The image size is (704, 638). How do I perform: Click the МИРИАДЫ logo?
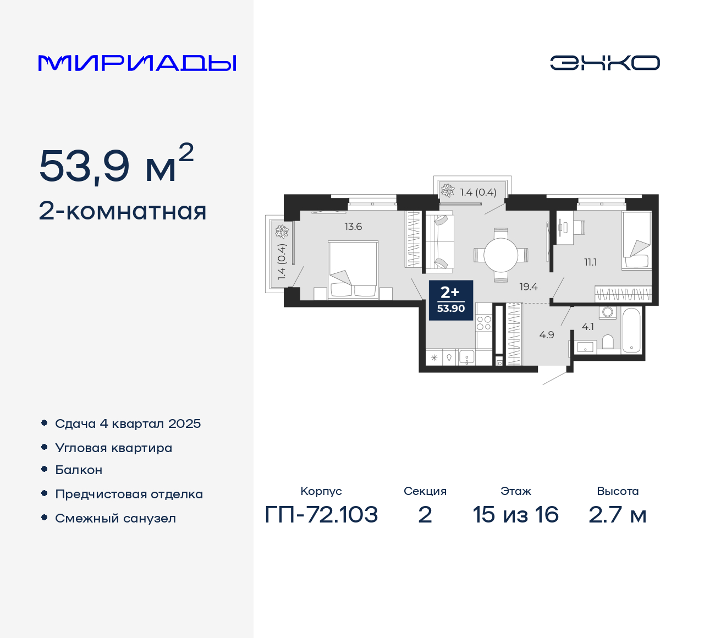(x=137, y=63)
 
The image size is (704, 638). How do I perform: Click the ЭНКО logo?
(x=604, y=63)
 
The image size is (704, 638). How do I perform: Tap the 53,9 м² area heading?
(x=116, y=165)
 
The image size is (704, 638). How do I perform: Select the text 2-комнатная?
(x=123, y=211)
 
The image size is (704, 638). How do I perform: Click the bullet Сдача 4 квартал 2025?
(x=128, y=424)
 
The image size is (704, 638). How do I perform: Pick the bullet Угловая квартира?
(x=113, y=448)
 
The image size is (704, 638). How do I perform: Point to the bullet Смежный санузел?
(x=116, y=518)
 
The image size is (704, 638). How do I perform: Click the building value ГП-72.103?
(x=321, y=515)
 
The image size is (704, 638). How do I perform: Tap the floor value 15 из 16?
(x=515, y=515)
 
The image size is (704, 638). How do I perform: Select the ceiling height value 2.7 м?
(x=617, y=515)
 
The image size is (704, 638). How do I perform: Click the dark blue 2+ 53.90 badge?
(x=450, y=300)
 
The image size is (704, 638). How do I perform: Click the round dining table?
(x=501, y=255)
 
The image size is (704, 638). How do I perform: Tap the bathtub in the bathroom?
(x=631, y=330)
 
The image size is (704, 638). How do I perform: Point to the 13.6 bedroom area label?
(x=353, y=227)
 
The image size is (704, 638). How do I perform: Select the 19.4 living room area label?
(x=528, y=287)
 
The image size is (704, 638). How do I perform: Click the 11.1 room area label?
(x=590, y=262)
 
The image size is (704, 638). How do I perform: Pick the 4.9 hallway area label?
(x=546, y=334)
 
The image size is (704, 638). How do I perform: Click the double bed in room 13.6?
(x=353, y=270)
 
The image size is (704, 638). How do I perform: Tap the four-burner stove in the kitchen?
(x=483, y=323)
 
